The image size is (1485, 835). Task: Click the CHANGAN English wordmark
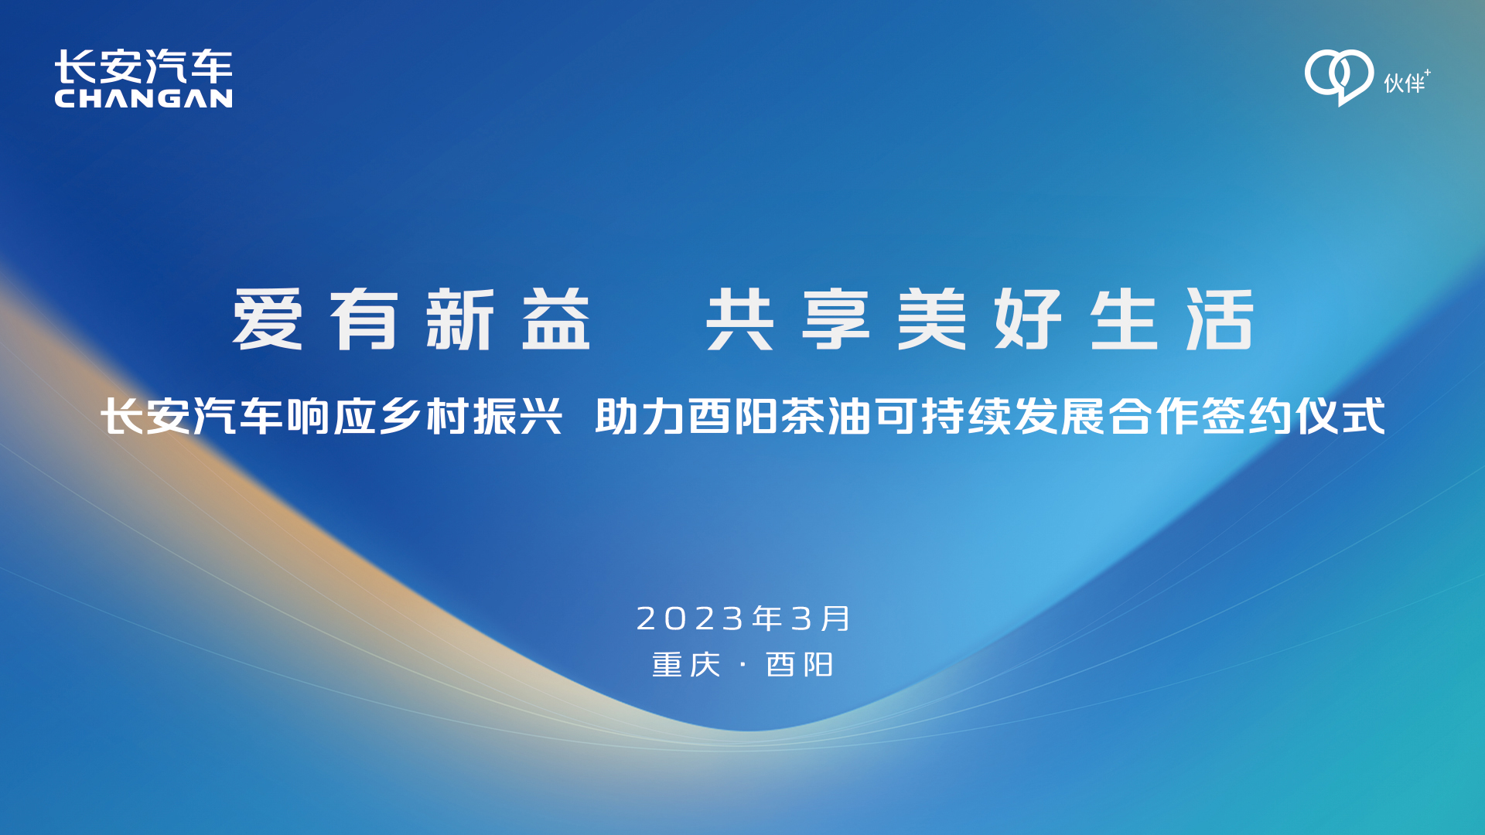click(143, 98)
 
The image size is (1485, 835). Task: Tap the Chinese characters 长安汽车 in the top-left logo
click(143, 66)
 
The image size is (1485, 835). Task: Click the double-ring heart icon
click(1339, 77)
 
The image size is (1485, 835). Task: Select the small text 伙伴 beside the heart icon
click(1404, 83)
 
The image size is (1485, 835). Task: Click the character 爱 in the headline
click(267, 319)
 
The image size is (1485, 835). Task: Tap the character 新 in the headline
click(460, 319)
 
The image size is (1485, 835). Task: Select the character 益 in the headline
click(556, 319)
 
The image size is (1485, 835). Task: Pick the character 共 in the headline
click(739, 319)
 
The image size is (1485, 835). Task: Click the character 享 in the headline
click(836, 319)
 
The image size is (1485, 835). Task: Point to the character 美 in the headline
click(932, 319)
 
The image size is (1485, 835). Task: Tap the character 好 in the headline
click(1028, 319)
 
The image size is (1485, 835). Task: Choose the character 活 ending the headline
click(1220, 319)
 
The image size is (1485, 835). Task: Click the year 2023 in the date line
click(690, 619)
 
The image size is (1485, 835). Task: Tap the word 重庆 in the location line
click(686, 665)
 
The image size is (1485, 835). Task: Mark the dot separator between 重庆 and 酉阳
click(743, 665)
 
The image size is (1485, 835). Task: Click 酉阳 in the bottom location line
click(799, 665)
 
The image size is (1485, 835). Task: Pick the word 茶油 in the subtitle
click(826, 417)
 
